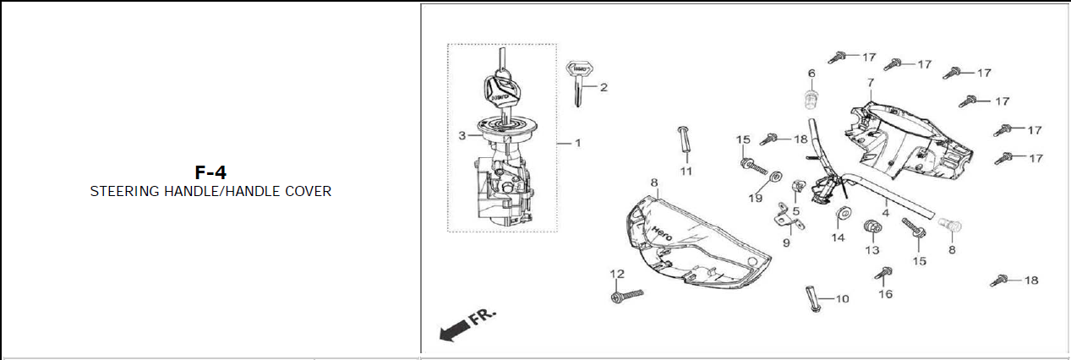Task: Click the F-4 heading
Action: [210, 172]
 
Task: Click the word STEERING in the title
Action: [125, 191]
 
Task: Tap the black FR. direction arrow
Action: [454, 330]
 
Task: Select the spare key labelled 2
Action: [578, 83]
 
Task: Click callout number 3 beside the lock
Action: [462, 135]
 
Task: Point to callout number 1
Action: [577, 143]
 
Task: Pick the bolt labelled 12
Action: [627, 296]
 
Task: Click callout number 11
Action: [686, 171]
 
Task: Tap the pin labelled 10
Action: [812, 298]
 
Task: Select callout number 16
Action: [886, 293]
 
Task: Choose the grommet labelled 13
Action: [872, 226]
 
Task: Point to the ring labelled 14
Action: [842, 213]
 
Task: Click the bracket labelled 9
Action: [788, 219]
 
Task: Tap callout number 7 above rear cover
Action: [870, 83]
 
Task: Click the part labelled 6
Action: [811, 100]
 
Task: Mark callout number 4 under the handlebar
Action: [886, 213]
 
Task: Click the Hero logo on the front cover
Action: [662, 233]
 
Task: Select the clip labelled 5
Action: [799, 185]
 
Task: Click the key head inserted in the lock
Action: [501, 90]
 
